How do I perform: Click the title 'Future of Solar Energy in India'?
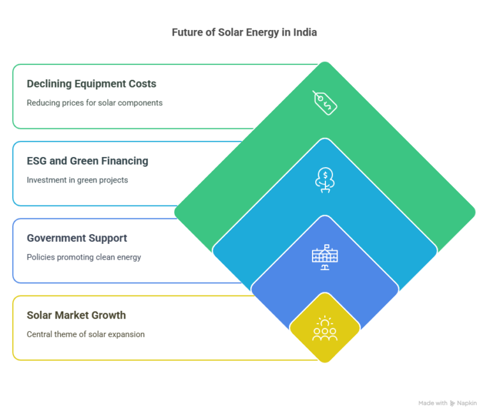[244, 32]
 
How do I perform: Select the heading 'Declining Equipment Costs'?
[92, 84]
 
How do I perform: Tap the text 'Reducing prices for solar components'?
[94, 103]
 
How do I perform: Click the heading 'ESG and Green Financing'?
[87, 161]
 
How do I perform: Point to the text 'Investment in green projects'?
[77, 180]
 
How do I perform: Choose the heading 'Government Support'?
[77, 238]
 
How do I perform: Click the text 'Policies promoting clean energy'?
[84, 257]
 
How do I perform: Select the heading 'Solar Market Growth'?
[77, 315]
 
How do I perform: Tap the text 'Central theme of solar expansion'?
[85, 334]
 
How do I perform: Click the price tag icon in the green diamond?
[325, 103]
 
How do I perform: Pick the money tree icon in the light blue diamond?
[325, 180]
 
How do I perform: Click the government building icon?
[325, 257]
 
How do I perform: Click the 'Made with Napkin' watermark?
[447, 403]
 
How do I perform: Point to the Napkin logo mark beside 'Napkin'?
[452, 403]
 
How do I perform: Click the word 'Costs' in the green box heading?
[144, 84]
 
